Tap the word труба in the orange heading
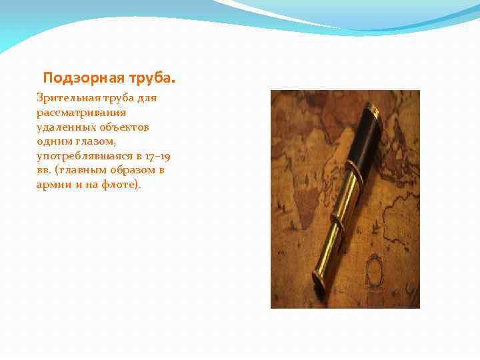click(151, 78)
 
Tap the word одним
click(53, 141)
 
